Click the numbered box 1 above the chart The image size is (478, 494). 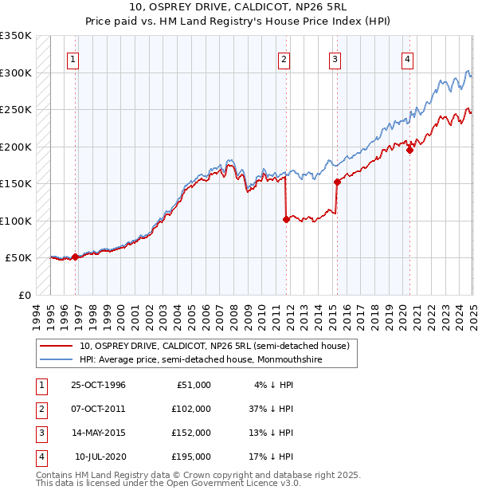point(72,58)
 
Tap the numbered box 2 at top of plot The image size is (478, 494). point(284,58)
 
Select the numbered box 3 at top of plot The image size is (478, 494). point(335,58)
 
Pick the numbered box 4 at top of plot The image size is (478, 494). point(407,58)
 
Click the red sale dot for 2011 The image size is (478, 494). point(285,219)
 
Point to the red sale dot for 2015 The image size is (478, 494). point(337,182)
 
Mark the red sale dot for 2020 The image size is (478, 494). point(409,150)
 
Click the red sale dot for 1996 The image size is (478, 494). point(75,257)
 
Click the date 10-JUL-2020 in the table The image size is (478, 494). point(100,457)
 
